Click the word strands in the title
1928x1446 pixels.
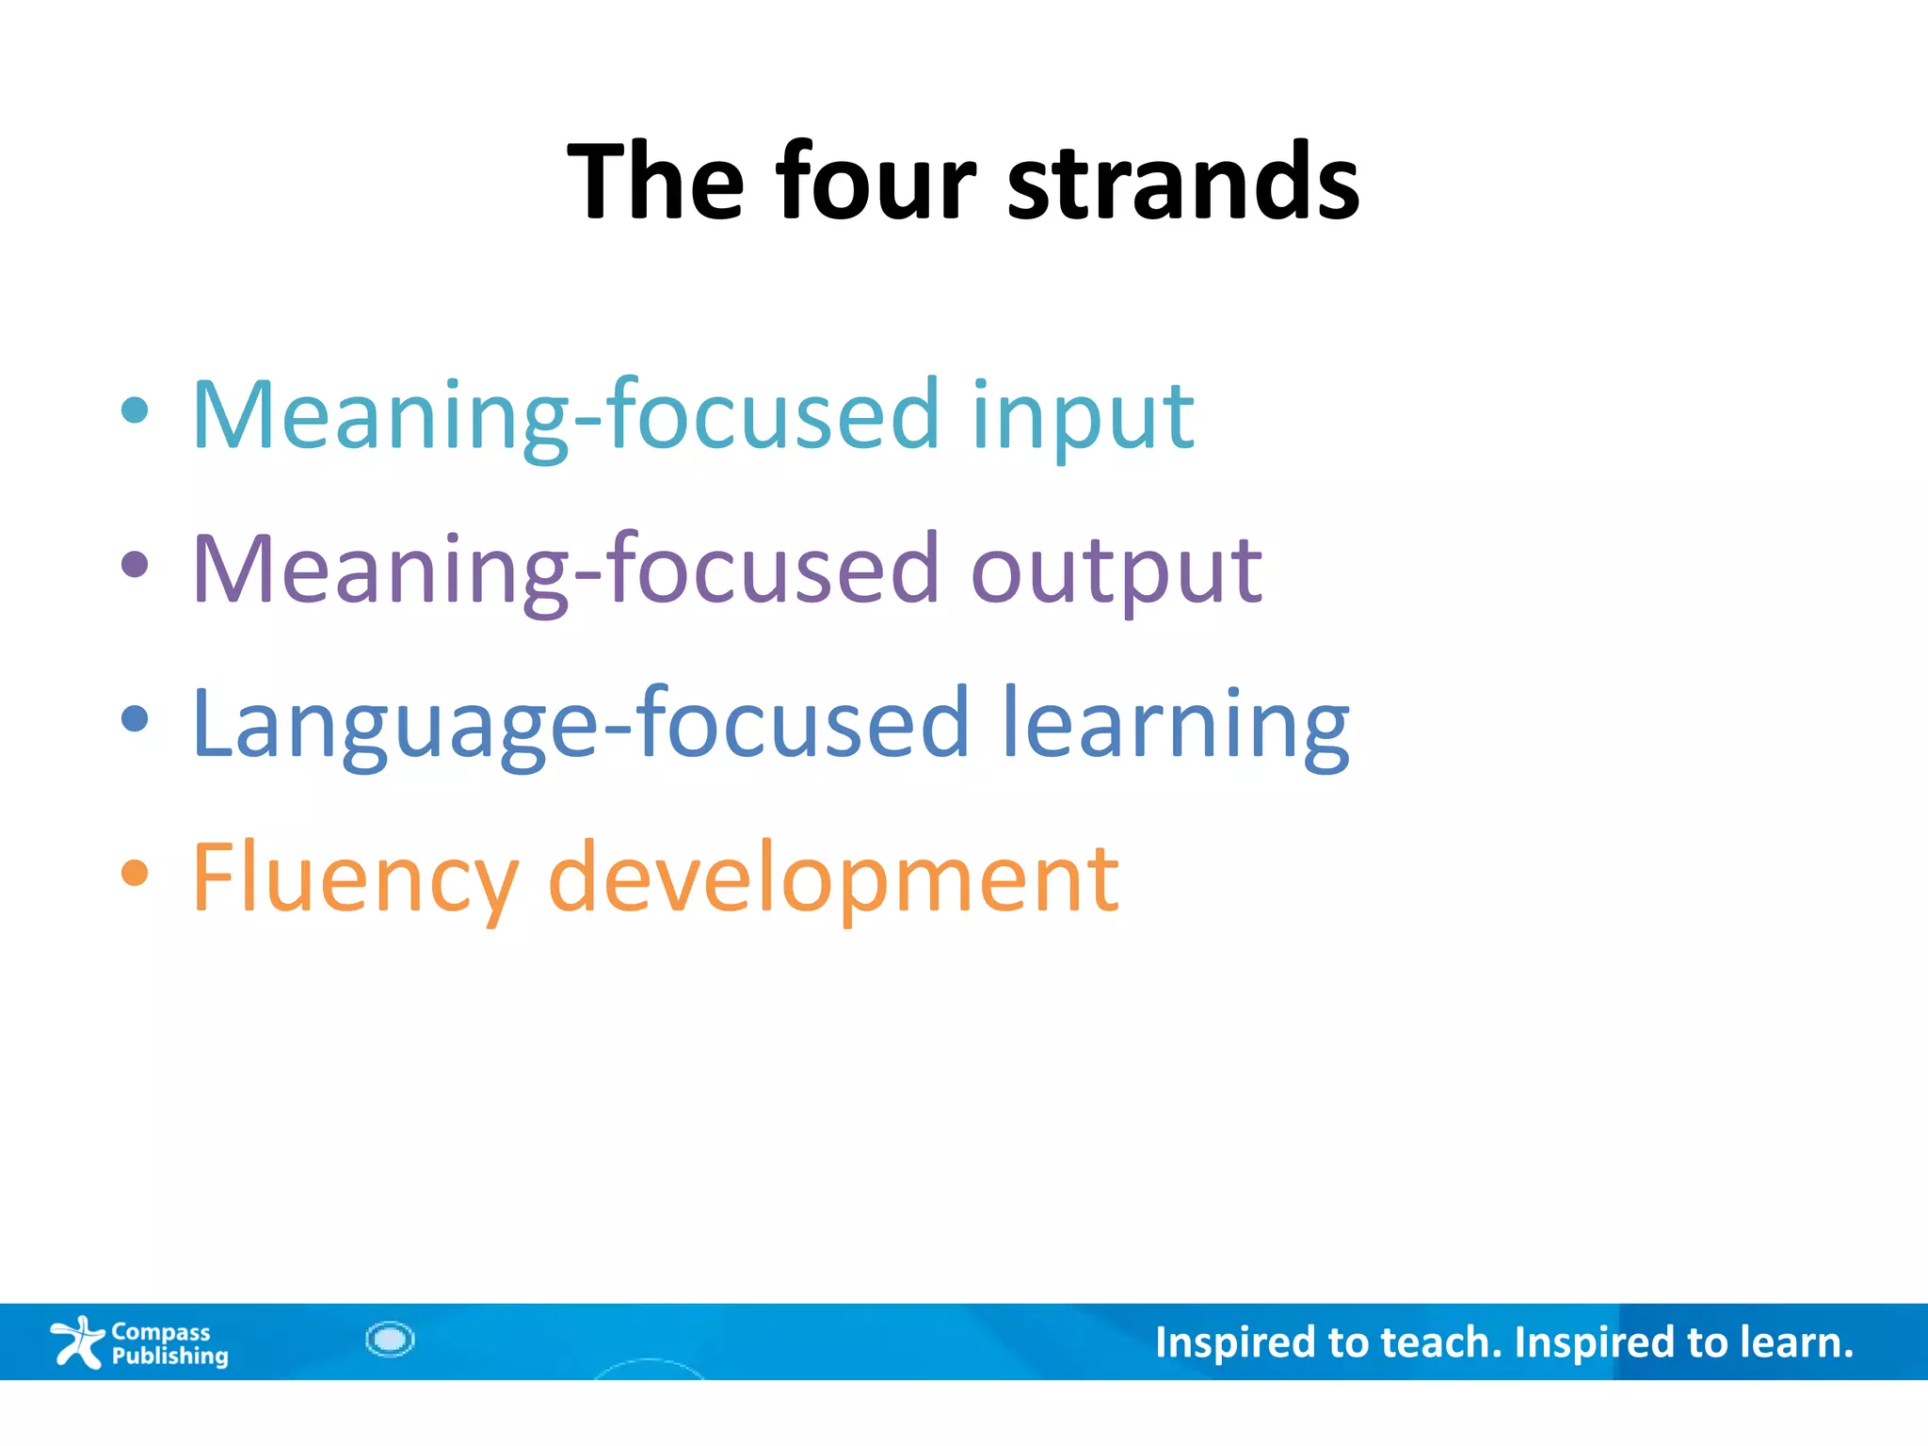1183,181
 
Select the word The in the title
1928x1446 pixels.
656,181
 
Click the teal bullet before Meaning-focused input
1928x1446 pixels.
136,410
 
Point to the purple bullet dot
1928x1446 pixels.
136,565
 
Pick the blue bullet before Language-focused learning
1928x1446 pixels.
136,719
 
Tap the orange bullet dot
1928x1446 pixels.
136,874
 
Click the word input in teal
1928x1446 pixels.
1082,416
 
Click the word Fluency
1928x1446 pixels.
355,877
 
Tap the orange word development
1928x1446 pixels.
833,877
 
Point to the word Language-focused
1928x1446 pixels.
579,725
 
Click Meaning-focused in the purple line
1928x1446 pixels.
565,570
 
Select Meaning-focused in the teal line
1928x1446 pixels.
565,416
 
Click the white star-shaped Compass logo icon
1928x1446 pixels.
77,1342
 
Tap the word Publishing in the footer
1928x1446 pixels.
169,1356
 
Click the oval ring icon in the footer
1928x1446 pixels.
390,1339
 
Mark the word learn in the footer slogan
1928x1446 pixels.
1793,1342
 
